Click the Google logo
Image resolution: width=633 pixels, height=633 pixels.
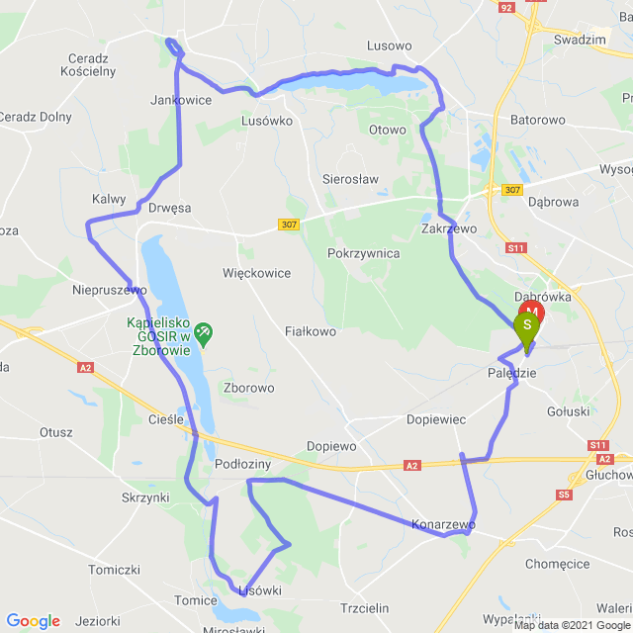coord(33,621)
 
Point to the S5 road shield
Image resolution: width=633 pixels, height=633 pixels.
coord(564,494)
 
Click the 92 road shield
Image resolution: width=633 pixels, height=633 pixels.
coord(507,7)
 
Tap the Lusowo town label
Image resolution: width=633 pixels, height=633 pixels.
coord(389,45)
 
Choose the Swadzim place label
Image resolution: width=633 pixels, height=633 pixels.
coord(580,40)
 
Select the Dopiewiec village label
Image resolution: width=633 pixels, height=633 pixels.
coord(436,419)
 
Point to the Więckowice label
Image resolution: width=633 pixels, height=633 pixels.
coord(257,272)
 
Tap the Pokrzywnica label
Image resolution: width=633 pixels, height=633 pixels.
coord(363,253)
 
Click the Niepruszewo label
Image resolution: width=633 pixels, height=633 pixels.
coord(110,290)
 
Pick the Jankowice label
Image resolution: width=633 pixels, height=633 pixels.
coord(181,100)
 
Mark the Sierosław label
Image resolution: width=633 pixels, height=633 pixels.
coord(350,179)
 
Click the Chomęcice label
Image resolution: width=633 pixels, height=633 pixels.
coord(558,565)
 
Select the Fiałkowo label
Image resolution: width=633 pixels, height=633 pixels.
coord(311,331)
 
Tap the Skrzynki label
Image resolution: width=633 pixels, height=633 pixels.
coord(145,497)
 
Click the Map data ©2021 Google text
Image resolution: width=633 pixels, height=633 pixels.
coord(569,624)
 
